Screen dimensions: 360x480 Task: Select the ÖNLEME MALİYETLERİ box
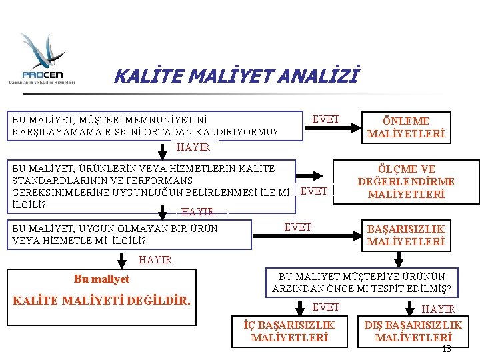pos(405,127)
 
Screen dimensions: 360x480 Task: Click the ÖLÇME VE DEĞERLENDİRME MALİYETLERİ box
pos(406,181)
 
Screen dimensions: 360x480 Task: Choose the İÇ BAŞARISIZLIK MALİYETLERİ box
pos(289,331)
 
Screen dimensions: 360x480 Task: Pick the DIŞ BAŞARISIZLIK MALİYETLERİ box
pos(413,331)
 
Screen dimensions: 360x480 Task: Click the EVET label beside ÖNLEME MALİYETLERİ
pos(326,119)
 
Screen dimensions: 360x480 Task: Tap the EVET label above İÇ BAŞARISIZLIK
pos(326,307)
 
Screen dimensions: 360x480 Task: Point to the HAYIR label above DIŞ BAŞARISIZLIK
pos(439,309)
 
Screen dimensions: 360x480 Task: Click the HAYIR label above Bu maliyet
pos(155,259)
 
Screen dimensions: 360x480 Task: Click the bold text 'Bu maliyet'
pos(102,279)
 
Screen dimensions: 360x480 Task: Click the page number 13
pos(446,349)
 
